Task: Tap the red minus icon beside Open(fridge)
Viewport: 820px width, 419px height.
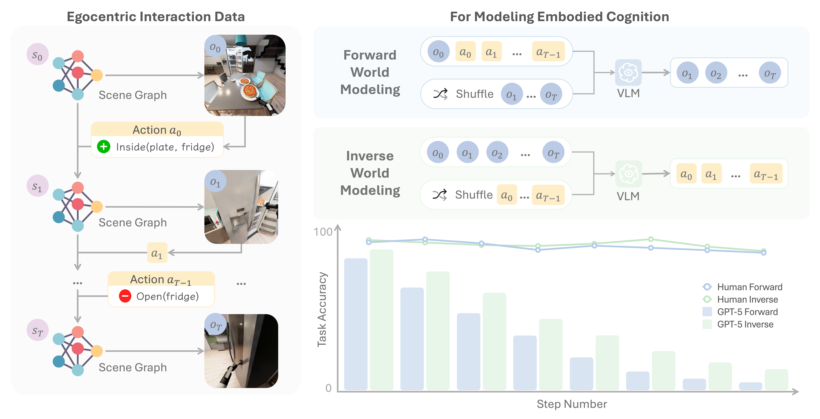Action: [x=125, y=296]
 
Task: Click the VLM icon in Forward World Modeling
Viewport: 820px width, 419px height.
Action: [x=628, y=73]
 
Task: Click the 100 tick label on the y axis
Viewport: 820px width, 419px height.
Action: [x=323, y=232]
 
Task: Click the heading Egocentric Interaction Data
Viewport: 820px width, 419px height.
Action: [x=156, y=17]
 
